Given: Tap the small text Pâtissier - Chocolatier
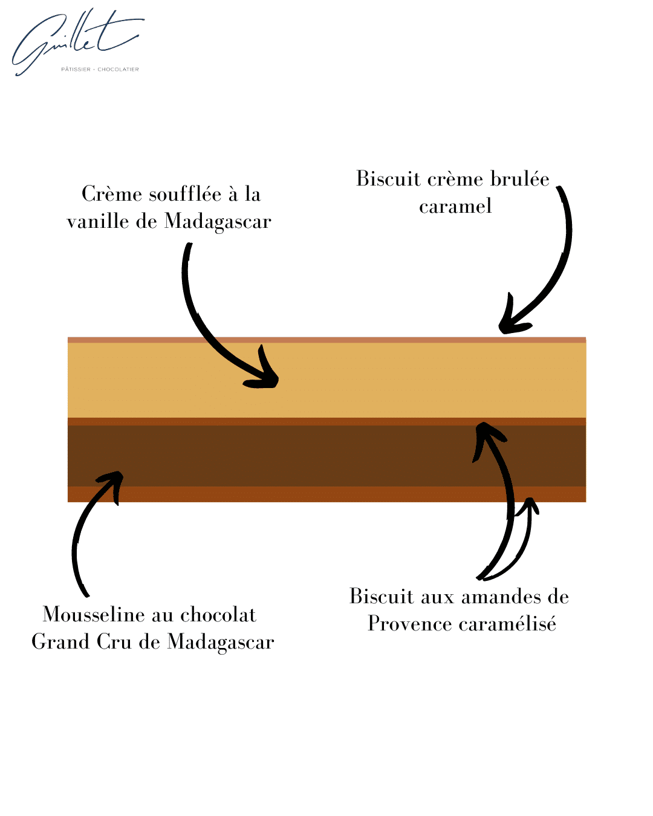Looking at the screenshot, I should point(100,70).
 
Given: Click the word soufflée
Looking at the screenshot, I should point(185,194).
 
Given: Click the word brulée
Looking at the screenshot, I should point(519,179).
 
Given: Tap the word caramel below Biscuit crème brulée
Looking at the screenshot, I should point(455,206).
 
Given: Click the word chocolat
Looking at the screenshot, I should point(218,615).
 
